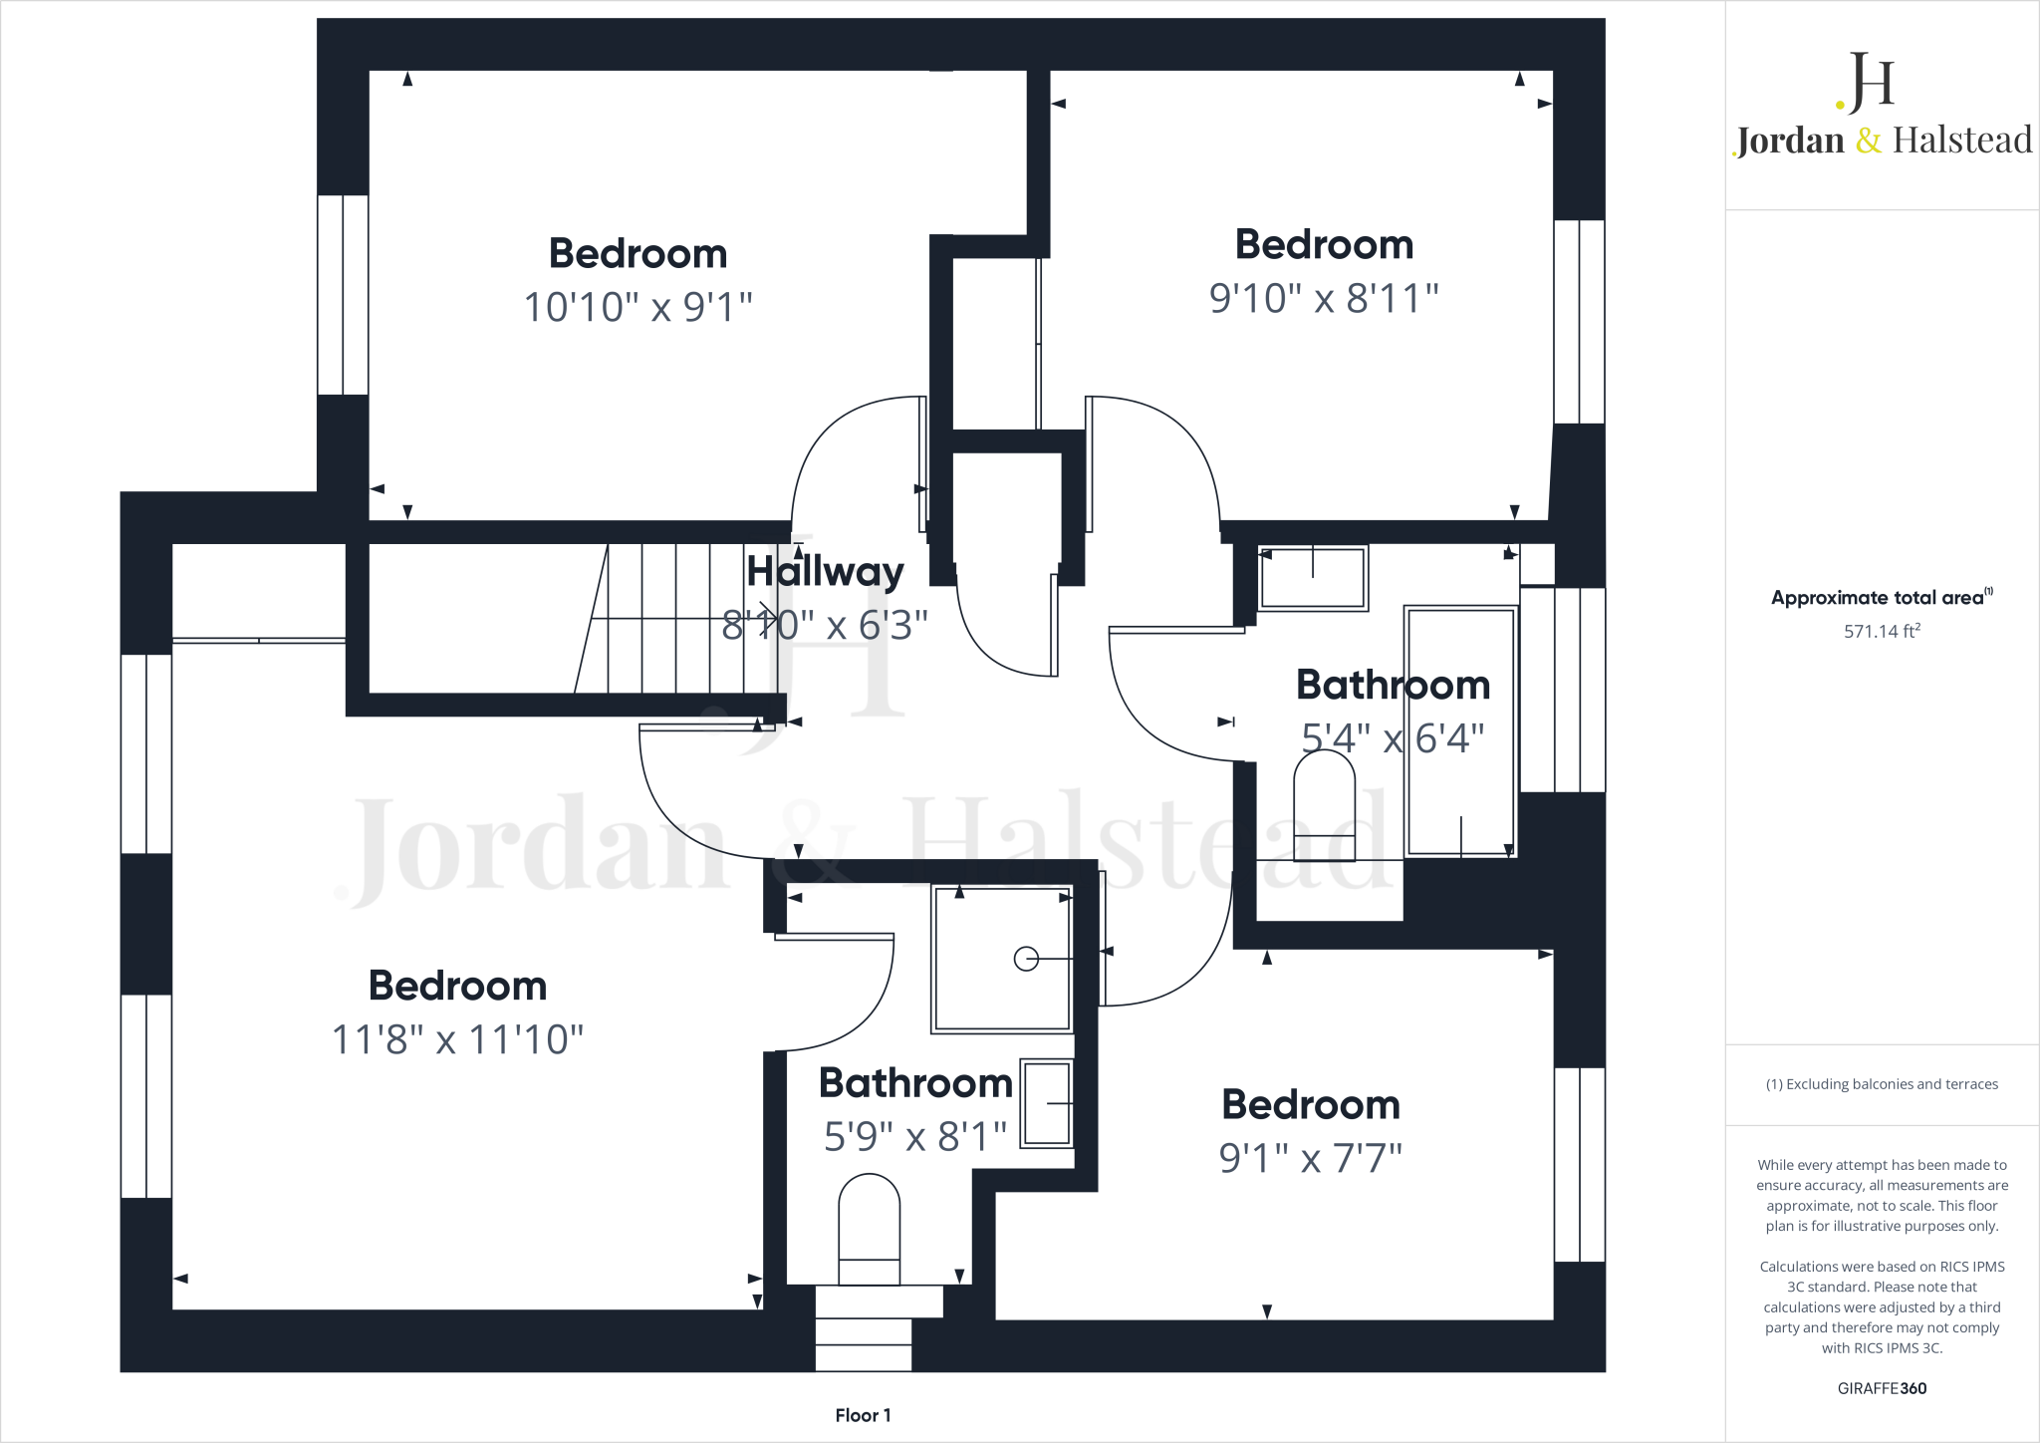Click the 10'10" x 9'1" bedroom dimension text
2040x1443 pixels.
(x=637, y=307)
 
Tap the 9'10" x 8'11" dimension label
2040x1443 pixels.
(x=1324, y=298)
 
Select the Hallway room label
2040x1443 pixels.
(x=825, y=571)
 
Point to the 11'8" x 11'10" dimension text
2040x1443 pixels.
(x=457, y=1039)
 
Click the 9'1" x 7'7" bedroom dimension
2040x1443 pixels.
(x=1311, y=1158)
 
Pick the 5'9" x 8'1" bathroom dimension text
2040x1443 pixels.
(x=915, y=1136)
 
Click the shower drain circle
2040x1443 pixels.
(x=1026, y=959)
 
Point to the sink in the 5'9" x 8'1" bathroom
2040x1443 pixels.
(x=1047, y=1103)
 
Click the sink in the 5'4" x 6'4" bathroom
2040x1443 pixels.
(x=1313, y=578)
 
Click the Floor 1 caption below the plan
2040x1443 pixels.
(x=863, y=1415)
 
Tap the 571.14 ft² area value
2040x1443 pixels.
(x=1882, y=631)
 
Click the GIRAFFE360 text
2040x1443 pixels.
(x=1882, y=1388)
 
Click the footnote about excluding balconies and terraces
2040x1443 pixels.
(x=1882, y=1084)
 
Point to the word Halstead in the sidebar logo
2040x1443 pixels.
(x=1962, y=141)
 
